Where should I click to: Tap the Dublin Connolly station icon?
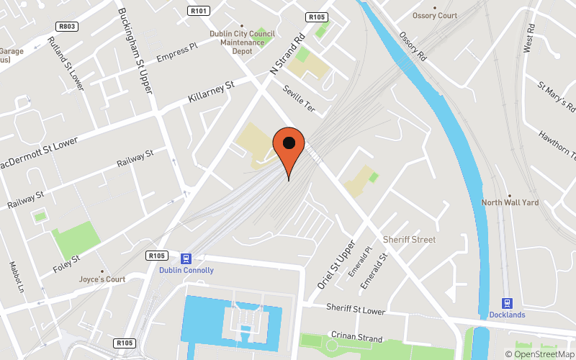click(x=186, y=258)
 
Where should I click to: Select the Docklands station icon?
click(x=508, y=303)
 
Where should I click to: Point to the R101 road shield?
click(x=199, y=11)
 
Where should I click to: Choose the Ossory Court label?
click(x=434, y=16)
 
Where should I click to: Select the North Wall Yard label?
click(x=510, y=203)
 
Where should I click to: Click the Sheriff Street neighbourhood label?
click(x=409, y=239)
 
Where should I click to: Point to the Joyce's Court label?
click(x=102, y=279)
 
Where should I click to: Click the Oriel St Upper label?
click(x=336, y=264)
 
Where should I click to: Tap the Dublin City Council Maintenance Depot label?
click(x=241, y=42)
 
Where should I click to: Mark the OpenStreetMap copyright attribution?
click(x=539, y=354)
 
